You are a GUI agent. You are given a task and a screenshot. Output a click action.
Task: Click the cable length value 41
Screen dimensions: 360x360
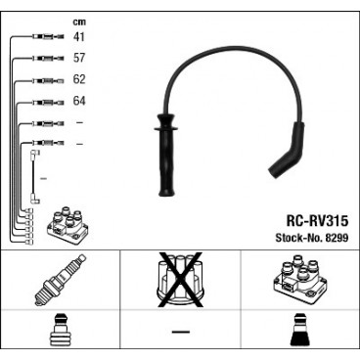[x=79, y=36]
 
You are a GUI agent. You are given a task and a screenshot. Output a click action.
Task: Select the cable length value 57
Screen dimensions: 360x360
[x=79, y=58]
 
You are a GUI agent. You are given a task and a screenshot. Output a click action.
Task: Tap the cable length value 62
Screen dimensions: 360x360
[x=79, y=79]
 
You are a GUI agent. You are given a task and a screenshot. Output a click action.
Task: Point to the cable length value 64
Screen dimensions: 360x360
[x=79, y=101]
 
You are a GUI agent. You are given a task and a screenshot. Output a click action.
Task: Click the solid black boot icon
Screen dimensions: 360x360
[x=299, y=335]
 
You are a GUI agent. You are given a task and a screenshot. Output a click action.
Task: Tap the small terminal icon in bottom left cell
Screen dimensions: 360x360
[x=60, y=335]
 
